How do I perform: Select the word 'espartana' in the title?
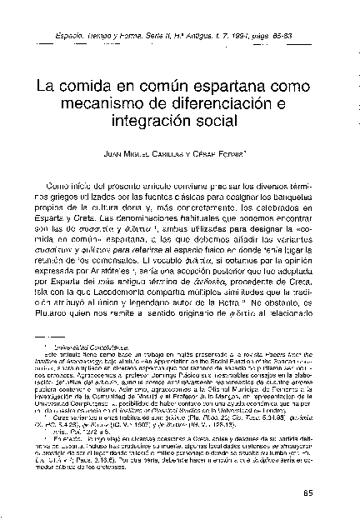tap(234, 87)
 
